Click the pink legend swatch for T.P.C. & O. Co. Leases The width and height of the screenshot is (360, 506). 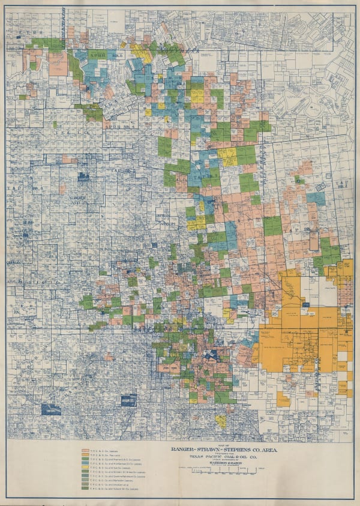point(86,449)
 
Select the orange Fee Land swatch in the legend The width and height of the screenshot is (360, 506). point(86,454)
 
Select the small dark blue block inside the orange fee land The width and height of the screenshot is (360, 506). point(305,305)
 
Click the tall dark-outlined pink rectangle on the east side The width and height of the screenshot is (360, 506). point(313,241)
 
